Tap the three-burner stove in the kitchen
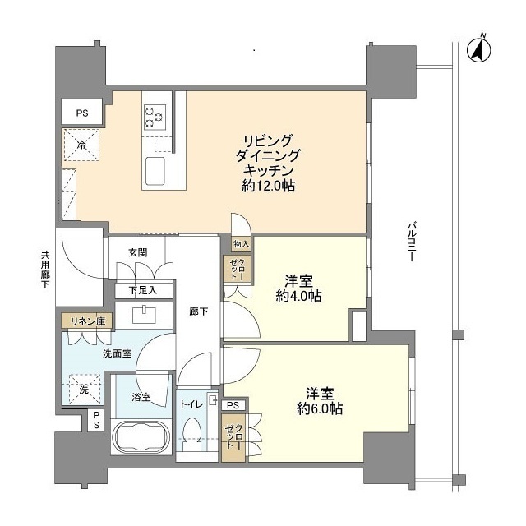coord(154,115)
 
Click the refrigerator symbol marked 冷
coord(81,145)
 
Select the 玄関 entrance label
coord(137,252)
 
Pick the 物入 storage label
coord(239,244)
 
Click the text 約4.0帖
coord(298,298)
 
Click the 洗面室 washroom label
coord(117,354)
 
